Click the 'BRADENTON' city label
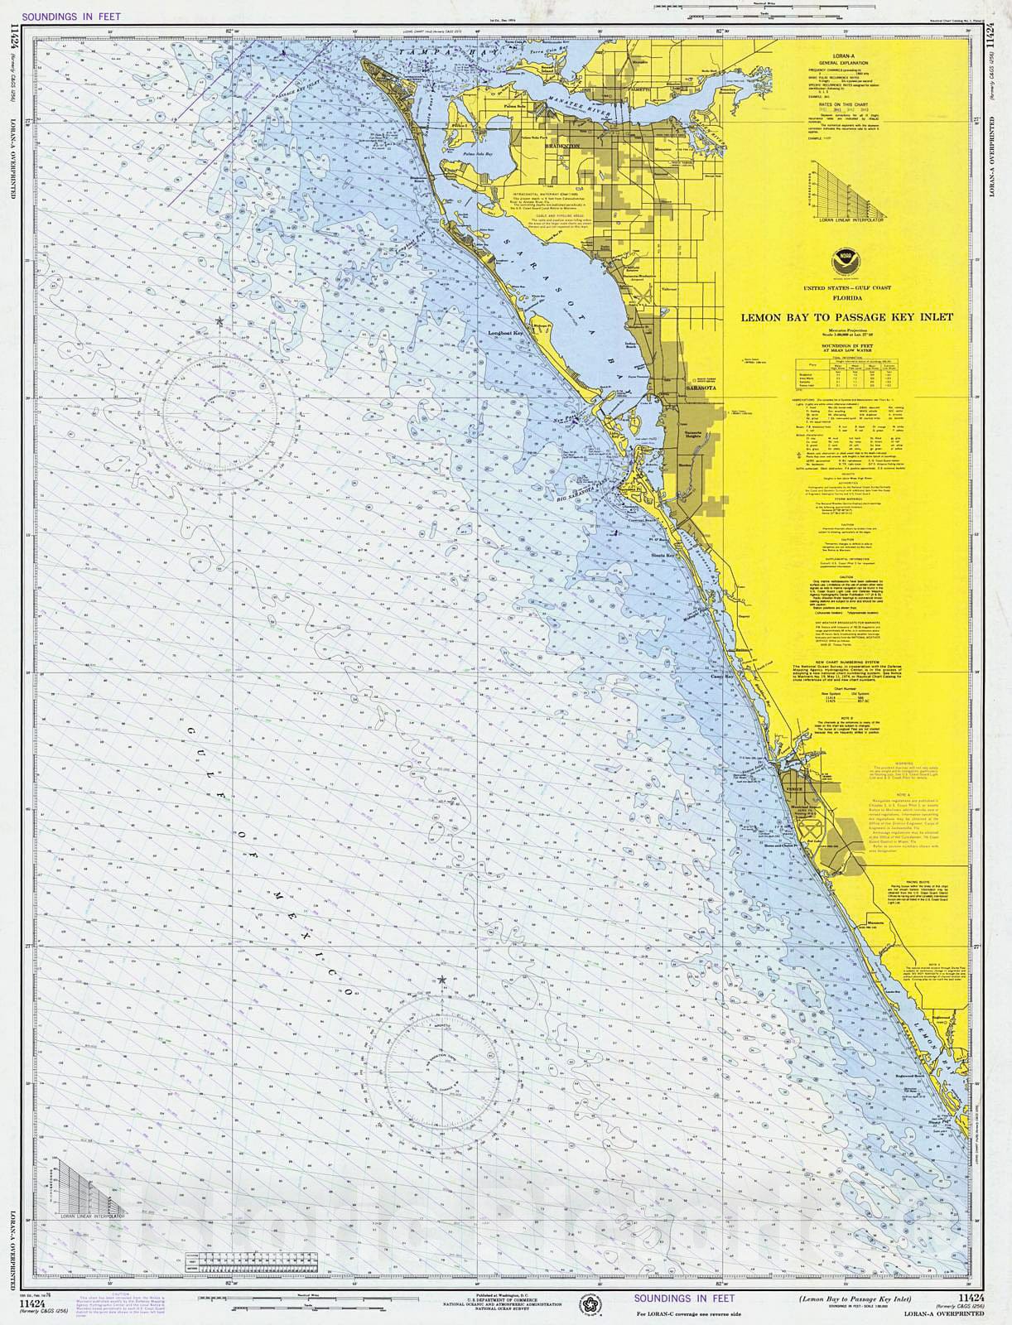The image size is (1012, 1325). point(561,143)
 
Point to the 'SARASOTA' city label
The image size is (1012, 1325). point(698,386)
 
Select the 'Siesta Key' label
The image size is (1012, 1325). point(663,556)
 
